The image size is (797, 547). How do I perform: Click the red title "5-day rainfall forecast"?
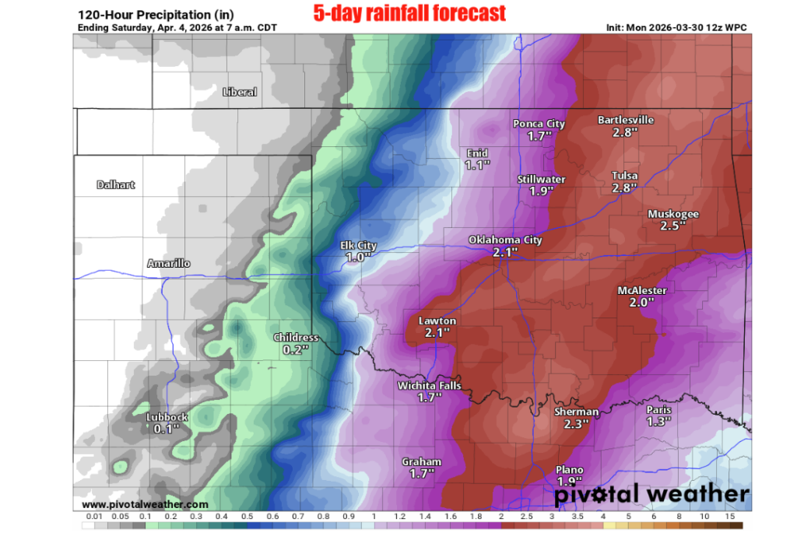click(409, 13)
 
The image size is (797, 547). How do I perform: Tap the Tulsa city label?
click(624, 176)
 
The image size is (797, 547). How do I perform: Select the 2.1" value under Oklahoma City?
click(505, 252)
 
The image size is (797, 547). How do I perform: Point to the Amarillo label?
click(169, 264)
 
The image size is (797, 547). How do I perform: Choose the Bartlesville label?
click(626, 120)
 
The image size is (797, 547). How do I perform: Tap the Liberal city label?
click(240, 92)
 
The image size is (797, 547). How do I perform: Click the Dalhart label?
click(116, 184)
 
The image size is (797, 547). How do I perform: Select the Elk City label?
click(359, 246)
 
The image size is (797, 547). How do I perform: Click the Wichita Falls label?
click(430, 385)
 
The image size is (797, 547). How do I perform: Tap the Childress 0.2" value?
click(296, 349)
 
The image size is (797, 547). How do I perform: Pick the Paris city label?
click(658, 409)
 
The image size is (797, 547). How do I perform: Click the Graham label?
click(421, 461)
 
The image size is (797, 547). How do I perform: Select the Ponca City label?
click(539, 124)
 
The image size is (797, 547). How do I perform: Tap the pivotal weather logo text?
click(651, 493)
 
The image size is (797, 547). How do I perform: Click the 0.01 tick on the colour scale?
click(94, 517)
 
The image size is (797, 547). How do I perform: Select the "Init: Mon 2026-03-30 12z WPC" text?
click(677, 27)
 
